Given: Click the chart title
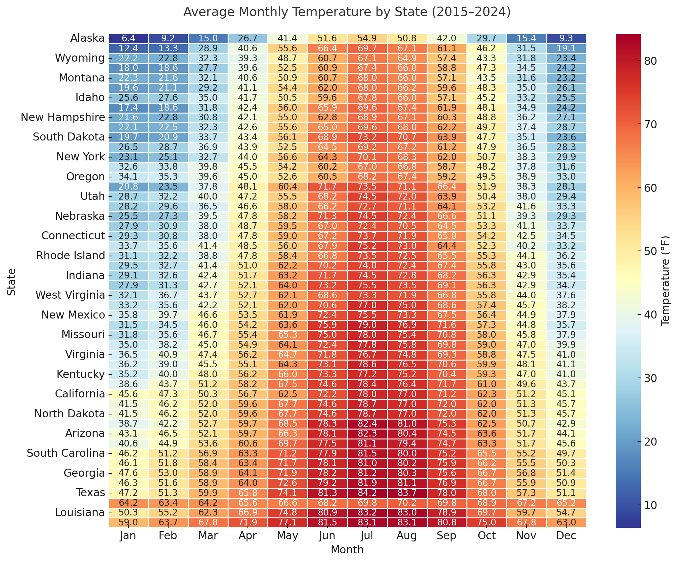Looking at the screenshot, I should (347, 12).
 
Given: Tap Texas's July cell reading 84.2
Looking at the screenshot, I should (368, 493).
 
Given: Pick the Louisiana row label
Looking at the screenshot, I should (80, 512).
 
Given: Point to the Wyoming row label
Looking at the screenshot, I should (80, 58).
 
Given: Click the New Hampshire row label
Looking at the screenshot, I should (63, 117).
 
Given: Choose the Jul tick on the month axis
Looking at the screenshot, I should (368, 536).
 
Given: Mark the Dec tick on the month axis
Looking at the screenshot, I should (566, 536).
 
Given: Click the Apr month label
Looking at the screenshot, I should (248, 536).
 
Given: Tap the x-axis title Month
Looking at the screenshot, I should (347, 550).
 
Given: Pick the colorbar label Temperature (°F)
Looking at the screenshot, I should (666, 281).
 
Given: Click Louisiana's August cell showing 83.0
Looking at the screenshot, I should (407, 512).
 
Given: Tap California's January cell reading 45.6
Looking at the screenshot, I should (128, 394).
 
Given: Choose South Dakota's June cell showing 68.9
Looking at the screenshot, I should (327, 137).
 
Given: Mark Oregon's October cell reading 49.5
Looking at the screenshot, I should (487, 177).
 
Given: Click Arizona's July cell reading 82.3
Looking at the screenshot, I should (368, 433).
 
